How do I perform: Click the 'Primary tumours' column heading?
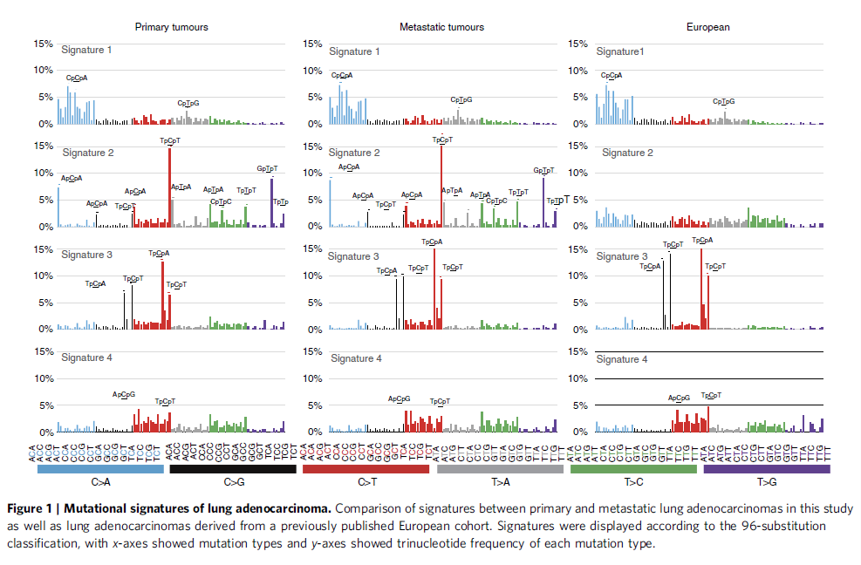pyautogui.click(x=171, y=27)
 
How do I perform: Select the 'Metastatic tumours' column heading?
pyautogui.click(x=441, y=27)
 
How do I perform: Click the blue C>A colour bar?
pyautogui.click(x=101, y=469)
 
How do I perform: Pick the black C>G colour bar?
pyautogui.click(x=234, y=469)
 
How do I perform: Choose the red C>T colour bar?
pyautogui.click(x=366, y=469)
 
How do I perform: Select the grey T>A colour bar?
pyautogui.click(x=500, y=469)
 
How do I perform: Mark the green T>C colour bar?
pyautogui.click(x=633, y=469)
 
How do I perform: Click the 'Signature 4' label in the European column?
pyautogui.click(x=621, y=359)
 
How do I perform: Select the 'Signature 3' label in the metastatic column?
pyautogui.click(x=353, y=256)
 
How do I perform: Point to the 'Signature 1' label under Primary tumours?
pyautogui.click(x=86, y=51)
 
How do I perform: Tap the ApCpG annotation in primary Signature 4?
pyautogui.click(x=124, y=395)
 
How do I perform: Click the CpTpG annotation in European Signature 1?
pyautogui.click(x=724, y=102)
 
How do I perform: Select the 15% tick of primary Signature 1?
pyautogui.click(x=42, y=44)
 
